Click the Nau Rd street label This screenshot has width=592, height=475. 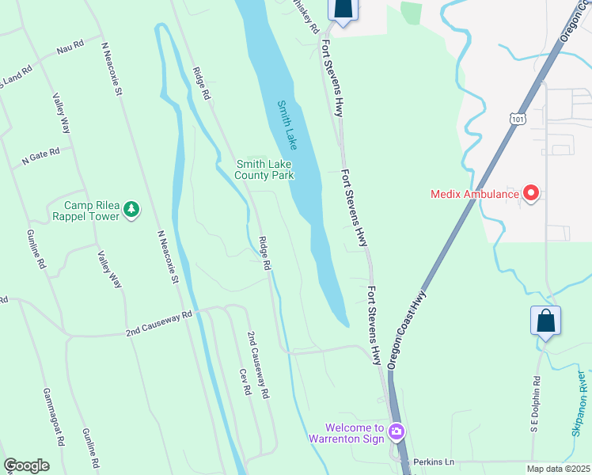tap(70, 49)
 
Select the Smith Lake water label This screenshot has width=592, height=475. tap(287, 125)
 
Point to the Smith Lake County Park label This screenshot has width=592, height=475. tap(265, 169)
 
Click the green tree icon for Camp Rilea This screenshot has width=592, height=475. tap(131, 210)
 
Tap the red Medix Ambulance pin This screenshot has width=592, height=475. tap(532, 193)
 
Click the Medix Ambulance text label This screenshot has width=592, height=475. tap(475, 193)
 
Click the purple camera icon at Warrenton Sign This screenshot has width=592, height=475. tap(397, 432)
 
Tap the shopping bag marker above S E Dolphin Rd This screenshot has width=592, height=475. tap(545, 321)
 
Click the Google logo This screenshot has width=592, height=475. tap(26, 465)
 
